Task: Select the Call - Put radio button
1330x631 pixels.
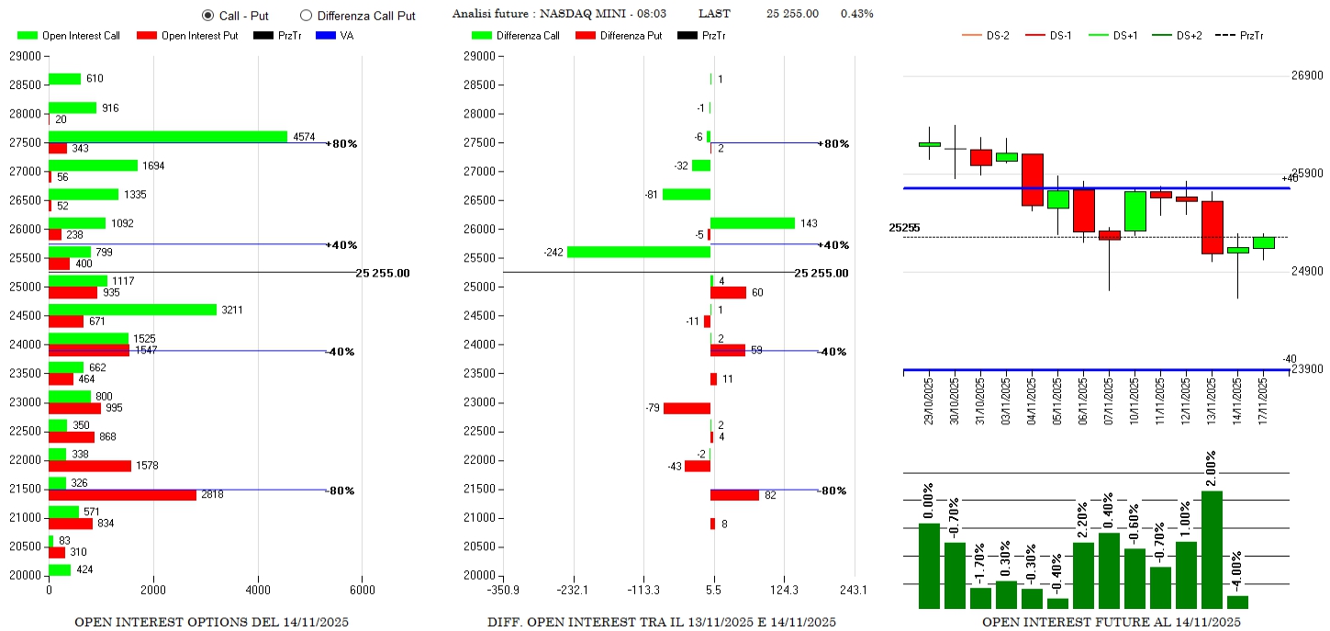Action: coord(207,16)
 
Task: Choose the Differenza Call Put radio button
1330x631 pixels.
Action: coord(307,16)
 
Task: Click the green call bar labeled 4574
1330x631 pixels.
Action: coord(168,137)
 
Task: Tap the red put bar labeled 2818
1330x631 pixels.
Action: coord(122,495)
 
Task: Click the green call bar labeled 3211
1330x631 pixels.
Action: coord(132,310)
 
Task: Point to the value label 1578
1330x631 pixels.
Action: coord(147,466)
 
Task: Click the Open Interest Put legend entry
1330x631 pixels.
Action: coord(187,36)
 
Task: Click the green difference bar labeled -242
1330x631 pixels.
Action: coord(639,252)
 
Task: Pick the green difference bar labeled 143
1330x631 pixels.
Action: coord(753,223)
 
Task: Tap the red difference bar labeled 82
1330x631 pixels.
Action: coord(734,495)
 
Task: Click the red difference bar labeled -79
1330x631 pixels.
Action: coord(687,408)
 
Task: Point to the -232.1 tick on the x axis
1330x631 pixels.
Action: coord(574,590)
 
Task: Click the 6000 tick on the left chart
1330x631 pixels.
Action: coord(362,590)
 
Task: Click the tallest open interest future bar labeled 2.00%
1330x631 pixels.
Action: coord(1212,549)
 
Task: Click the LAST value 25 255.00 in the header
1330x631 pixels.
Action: coord(792,14)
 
